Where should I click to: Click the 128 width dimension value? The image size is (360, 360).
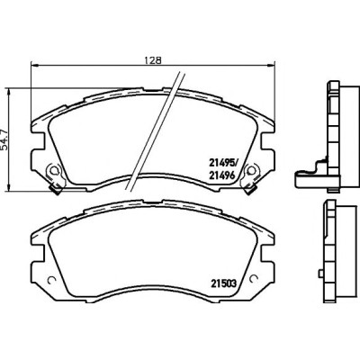[153, 59]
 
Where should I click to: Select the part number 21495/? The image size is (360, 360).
[223, 163]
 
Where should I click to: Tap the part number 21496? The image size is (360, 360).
[221, 175]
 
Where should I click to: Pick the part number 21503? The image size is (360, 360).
[224, 283]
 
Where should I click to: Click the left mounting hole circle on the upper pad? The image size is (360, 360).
[53, 170]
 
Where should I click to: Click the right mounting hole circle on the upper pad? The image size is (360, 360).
[252, 170]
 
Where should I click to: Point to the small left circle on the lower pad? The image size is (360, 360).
[51, 279]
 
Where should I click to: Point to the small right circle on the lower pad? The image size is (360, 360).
[254, 279]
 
